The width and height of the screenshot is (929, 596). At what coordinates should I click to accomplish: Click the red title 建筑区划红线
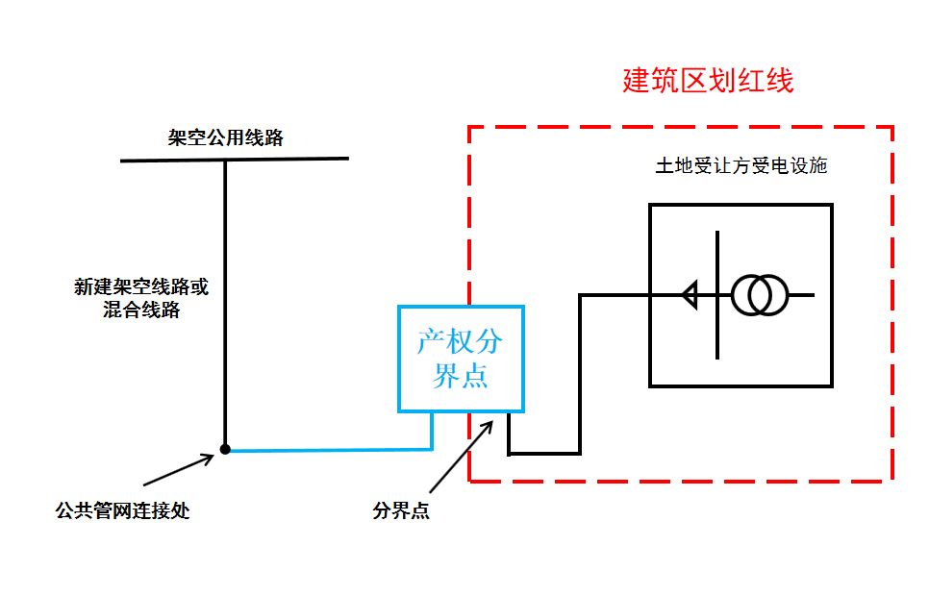click(x=708, y=81)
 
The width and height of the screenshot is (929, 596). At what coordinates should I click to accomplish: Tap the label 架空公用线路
click(x=226, y=137)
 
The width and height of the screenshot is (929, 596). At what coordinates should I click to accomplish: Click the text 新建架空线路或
click(x=141, y=286)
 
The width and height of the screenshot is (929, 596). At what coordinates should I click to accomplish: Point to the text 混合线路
click(x=141, y=310)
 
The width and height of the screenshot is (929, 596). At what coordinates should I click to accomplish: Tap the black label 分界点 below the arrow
click(x=401, y=511)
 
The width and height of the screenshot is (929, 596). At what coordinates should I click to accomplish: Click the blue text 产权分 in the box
click(x=460, y=342)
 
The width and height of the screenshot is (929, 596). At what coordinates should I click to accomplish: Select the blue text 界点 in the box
click(x=460, y=376)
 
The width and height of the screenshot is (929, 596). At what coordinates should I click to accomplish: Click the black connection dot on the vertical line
click(x=225, y=449)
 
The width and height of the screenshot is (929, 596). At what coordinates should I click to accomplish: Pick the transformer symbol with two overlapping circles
click(x=760, y=295)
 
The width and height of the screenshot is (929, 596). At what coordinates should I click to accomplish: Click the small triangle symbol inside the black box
click(x=689, y=295)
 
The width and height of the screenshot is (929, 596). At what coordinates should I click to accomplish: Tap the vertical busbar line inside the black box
click(x=717, y=327)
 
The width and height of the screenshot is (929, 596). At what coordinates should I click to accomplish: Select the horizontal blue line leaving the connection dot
click(x=327, y=449)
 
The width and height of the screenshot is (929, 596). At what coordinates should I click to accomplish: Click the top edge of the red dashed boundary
click(x=681, y=127)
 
